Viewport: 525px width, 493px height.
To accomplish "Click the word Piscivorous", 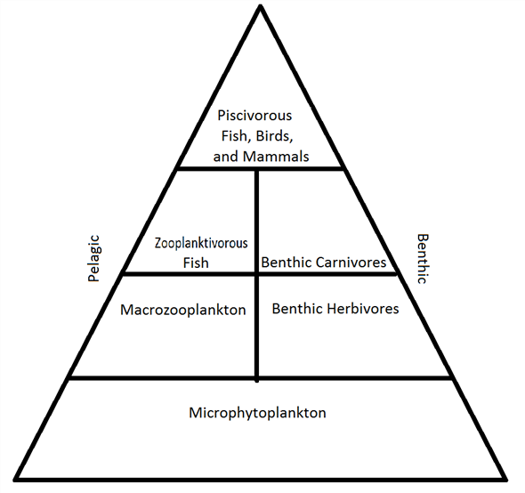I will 254,116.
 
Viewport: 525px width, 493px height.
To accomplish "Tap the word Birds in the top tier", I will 272,135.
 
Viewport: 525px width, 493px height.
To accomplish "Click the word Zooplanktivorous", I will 201,242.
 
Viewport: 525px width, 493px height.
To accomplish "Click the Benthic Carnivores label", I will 324,263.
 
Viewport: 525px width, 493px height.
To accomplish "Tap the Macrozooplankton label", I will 182,310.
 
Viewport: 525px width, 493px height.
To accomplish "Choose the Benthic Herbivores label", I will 335,309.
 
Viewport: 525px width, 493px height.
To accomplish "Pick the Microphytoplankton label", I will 258,413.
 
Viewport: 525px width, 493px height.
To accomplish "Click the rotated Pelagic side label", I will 95,258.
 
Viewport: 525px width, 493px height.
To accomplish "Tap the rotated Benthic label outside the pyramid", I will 422,259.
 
